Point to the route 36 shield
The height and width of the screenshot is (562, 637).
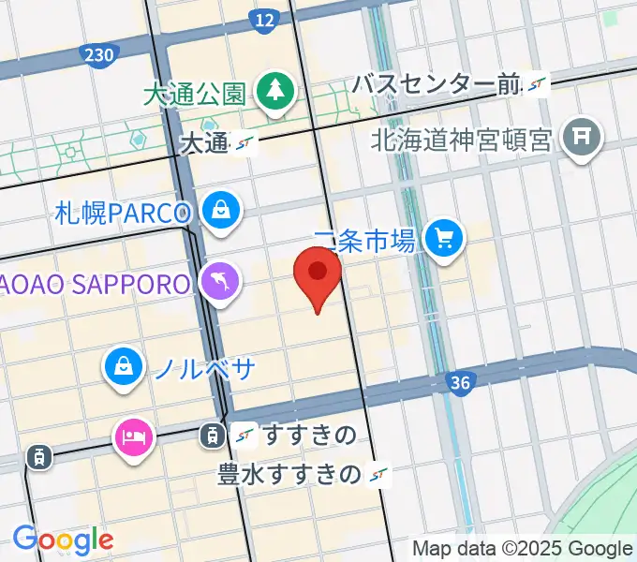click(x=459, y=382)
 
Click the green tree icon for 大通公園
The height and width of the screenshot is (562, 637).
click(x=276, y=91)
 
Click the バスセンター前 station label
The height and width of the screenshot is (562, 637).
click(x=436, y=85)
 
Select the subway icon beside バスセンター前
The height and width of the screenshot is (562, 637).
click(x=536, y=85)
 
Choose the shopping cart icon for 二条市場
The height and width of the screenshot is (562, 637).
click(x=444, y=239)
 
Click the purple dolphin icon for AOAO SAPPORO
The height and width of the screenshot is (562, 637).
click(x=220, y=281)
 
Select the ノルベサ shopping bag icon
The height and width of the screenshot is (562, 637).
click(x=124, y=365)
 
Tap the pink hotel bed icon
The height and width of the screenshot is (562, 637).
click(x=132, y=436)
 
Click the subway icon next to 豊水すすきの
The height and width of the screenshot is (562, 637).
click(x=379, y=474)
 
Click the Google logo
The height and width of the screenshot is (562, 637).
click(x=63, y=540)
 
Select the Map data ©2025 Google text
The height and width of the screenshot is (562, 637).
click(x=522, y=549)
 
